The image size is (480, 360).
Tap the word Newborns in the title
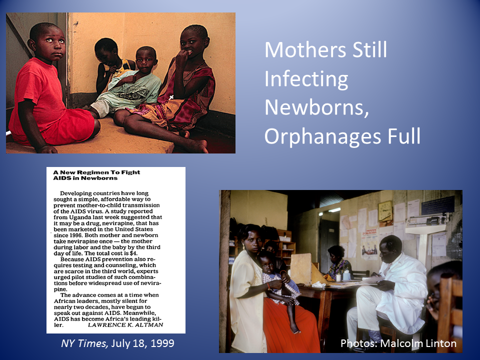pyautogui.click(x=316, y=107)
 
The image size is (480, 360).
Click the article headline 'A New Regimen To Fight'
pyautogui.click(x=96, y=172)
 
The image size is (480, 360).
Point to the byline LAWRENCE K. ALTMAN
pyautogui.click(x=125, y=325)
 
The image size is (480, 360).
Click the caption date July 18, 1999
pyautogui.click(x=142, y=343)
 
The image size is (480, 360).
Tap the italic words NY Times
pyautogui.click(x=84, y=343)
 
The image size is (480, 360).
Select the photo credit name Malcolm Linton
pyautogui.click(x=418, y=343)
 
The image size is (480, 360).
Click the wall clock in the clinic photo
pyautogui.click(x=385, y=211)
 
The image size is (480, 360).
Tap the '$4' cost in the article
pyautogui.click(x=133, y=253)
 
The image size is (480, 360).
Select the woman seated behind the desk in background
pyautogui.click(x=338, y=263)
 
